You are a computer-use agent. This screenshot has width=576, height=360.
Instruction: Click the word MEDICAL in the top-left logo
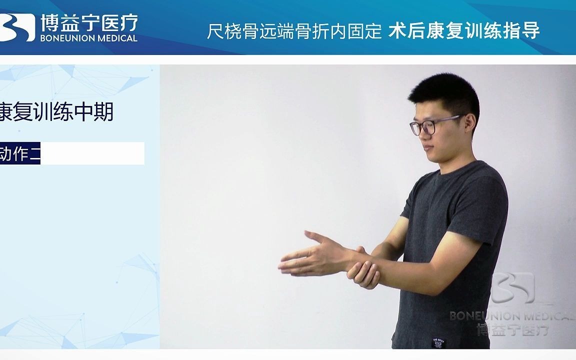tap(114, 38)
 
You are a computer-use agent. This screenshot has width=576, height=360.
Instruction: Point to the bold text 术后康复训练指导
tap(464, 31)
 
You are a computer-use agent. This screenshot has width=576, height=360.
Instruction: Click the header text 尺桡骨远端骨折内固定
tap(294, 31)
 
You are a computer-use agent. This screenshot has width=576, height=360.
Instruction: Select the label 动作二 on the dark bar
tap(20, 153)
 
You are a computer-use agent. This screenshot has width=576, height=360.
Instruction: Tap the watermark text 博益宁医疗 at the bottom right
tap(512, 330)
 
